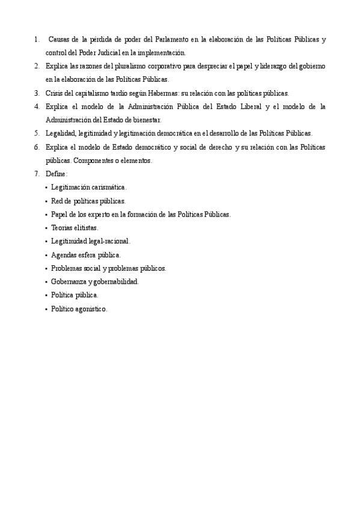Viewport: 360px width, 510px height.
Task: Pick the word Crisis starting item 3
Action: tap(55, 93)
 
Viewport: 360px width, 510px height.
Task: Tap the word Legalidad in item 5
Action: tap(61, 133)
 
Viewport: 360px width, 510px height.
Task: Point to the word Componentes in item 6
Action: tap(92, 161)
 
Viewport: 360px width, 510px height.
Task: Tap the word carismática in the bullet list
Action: tap(107, 188)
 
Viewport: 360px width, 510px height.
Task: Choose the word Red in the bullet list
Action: tap(57, 201)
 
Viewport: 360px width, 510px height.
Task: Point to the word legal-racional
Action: tap(108, 241)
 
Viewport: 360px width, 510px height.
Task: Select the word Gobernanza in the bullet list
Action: tap(69, 281)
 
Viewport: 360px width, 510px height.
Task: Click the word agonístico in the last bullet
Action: tap(91, 309)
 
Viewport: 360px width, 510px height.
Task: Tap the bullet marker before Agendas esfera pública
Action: tap(46, 255)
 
